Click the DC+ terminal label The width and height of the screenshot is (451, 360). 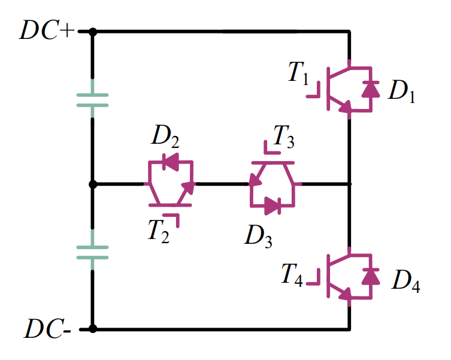tap(47, 31)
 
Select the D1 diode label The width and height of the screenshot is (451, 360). tap(401, 91)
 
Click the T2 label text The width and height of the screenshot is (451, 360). tap(159, 231)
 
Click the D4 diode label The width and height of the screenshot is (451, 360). tap(405, 281)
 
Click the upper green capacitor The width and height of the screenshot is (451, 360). tap(92, 99)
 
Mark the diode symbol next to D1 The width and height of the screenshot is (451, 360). tap(371, 89)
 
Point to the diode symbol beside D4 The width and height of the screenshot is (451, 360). tap(371, 276)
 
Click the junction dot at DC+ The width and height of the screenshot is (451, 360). tap(92, 31)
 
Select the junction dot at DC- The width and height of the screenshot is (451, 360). tap(92, 328)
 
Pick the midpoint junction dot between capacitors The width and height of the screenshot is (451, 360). tap(92, 184)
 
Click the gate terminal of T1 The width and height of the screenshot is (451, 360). tap(313, 95)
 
